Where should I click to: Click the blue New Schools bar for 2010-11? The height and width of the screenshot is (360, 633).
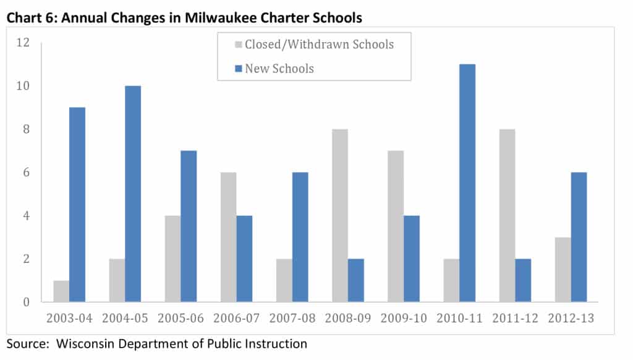(x=467, y=183)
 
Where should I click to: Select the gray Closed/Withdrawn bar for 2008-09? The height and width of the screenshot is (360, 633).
(x=339, y=215)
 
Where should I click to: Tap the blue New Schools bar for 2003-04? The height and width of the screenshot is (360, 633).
(x=77, y=205)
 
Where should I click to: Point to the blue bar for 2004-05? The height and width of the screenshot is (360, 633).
(x=132, y=194)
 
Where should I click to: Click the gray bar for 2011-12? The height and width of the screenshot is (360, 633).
(x=506, y=215)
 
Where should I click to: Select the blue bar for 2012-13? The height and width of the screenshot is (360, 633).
(x=578, y=237)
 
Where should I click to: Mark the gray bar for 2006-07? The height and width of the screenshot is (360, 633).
(x=229, y=237)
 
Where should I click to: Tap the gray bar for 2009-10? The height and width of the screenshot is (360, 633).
(x=394, y=226)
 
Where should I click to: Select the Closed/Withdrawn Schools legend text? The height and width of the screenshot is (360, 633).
(x=319, y=45)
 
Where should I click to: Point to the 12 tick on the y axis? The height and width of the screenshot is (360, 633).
(x=23, y=43)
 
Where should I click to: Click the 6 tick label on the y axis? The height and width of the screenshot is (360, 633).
(x=26, y=173)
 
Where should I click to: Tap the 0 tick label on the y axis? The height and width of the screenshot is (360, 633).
(x=26, y=302)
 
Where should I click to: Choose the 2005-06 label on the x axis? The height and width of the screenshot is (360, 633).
(x=181, y=319)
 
